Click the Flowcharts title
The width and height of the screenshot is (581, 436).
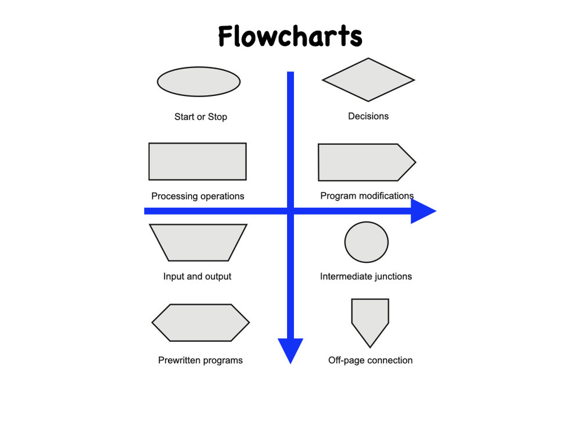pos(290,37)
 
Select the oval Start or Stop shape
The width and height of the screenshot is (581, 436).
pos(199,81)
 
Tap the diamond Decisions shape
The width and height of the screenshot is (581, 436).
pos(368,80)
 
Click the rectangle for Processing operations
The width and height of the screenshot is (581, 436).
pos(198,161)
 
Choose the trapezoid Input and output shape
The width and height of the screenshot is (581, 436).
pos(198,242)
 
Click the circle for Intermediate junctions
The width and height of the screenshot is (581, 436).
pos(366,242)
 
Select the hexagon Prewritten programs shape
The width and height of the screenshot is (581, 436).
pos(200,323)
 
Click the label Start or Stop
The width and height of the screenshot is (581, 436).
pos(200,117)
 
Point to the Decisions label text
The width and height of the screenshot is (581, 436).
pos(368,116)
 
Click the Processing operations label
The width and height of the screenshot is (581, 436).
pos(198,196)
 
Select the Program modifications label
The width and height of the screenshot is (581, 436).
pos(367,196)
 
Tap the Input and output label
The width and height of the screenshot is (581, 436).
pos(197,276)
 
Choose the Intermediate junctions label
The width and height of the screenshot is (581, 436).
pos(366,276)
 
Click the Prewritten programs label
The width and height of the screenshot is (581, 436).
pos(200,360)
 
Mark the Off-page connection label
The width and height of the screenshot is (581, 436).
pos(370,360)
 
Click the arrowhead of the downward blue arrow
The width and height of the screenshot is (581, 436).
pos(290,349)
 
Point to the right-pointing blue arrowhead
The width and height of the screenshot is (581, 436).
pos(422,211)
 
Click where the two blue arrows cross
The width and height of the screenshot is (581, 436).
pos(290,211)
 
